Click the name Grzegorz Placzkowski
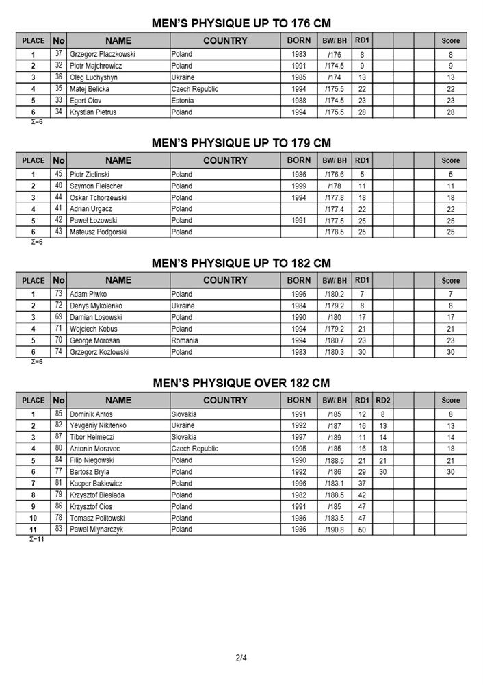[101, 53]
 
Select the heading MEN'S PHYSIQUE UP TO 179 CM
[241, 143]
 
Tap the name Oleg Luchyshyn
[92, 77]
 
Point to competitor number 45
[59, 174]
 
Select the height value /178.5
[335, 232]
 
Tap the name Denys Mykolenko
[95, 306]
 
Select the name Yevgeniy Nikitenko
[98, 425]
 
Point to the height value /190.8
[335, 530]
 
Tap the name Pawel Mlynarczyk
[96, 530]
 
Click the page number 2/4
[241, 658]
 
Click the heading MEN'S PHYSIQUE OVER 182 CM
[241, 383]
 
